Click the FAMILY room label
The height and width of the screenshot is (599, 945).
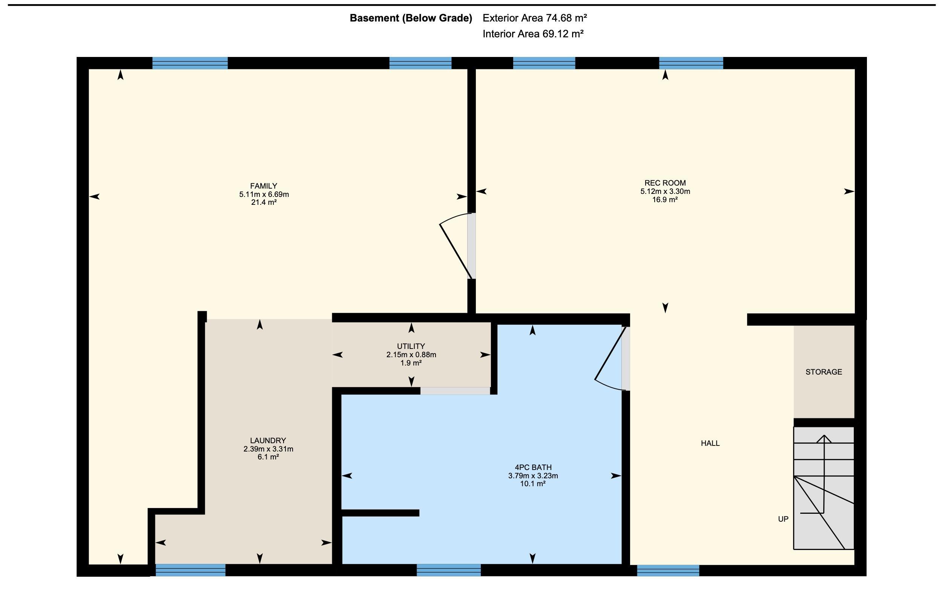click(264, 186)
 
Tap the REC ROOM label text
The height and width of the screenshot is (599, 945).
click(665, 183)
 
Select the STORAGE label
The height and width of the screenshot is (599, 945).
click(824, 372)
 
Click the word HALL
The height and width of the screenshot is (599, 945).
click(710, 443)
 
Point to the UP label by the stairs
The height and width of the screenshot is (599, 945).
click(783, 519)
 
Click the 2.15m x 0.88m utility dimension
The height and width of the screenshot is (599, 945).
click(411, 355)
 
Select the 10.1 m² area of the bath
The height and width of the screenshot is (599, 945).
click(533, 484)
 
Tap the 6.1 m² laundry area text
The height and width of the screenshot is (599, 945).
click(268, 457)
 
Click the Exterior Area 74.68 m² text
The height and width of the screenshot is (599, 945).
click(535, 18)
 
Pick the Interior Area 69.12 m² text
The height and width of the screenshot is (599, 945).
click(533, 34)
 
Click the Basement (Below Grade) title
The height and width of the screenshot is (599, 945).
click(411, 18)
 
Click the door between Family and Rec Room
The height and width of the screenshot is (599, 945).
click(457, 246)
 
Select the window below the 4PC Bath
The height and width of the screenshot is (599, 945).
click(449, 570)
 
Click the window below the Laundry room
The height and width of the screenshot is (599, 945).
click(190, 570)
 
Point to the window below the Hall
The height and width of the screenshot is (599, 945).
click(668, 570)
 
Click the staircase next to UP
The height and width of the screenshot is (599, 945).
click(824, 488)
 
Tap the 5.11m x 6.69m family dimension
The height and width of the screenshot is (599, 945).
click(264, 194)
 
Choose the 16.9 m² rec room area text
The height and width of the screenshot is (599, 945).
click(665, 200)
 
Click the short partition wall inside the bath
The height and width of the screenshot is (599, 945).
click(380, 513)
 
